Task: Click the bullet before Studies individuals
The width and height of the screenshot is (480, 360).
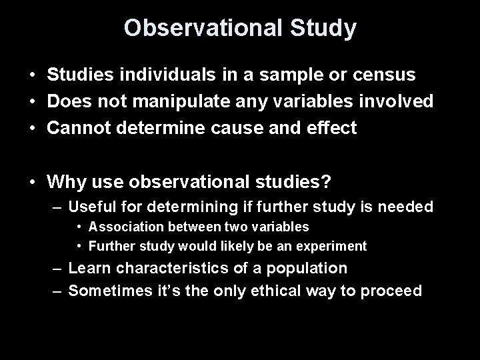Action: [32, 75]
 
